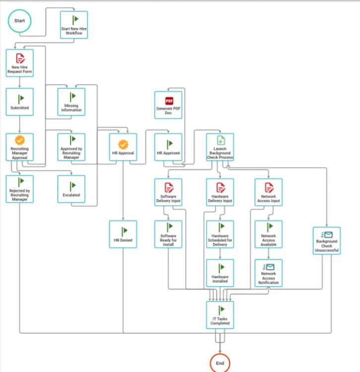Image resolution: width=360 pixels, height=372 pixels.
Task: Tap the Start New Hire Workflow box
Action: click(74, 25)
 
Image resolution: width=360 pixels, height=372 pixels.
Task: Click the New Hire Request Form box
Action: click(20, 63)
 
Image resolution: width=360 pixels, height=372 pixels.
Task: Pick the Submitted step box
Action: click(20, 102)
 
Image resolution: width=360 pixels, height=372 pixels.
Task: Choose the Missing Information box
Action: click(71, 102)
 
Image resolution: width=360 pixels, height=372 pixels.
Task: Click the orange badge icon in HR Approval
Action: click(123, 144)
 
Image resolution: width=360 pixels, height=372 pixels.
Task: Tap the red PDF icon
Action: click(169, 101)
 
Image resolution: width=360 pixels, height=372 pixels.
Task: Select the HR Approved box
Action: click(168, 147)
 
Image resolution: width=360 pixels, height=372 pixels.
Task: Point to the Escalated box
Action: click(71, 189)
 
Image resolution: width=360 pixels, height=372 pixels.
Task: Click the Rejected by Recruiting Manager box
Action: click(20, 189)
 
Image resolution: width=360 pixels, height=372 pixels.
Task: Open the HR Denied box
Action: click(123, 234)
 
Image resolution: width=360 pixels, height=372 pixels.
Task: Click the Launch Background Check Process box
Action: click(220, 147)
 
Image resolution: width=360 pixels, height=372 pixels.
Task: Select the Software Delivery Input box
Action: click(168, 192)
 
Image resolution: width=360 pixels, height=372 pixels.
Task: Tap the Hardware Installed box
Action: click(220, 273)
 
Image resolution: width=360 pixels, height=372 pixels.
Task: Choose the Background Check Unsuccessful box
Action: click(327, 240)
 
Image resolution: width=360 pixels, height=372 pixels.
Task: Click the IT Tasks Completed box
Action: click(220, 315)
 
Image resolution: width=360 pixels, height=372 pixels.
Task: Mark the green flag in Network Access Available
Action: click(270, 226)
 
